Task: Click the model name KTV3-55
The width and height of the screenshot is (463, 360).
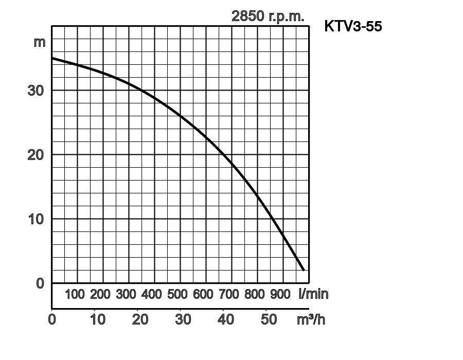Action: [353, 26]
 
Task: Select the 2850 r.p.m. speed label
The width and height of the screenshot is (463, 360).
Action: [268, 16]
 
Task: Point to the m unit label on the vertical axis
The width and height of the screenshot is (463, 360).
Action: [40, 42]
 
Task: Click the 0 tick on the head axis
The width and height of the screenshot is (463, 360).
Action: [40, 283]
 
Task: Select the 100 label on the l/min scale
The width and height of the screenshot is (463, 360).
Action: [75, 294]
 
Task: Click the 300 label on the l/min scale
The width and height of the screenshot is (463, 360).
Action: [126, 294]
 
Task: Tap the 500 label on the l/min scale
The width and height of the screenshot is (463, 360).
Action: [177, 294]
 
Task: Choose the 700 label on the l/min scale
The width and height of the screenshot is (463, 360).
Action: [229, 294]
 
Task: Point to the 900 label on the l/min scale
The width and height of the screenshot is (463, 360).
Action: [280, 294]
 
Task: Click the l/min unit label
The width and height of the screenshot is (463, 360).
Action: [313, 294]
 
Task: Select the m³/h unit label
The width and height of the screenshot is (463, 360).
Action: [311, 319]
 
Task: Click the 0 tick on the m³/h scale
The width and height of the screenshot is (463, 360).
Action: [52, 319]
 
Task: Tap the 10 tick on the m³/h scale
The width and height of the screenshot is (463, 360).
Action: [97, 319]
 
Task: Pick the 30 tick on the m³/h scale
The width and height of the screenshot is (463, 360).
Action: [183, 319]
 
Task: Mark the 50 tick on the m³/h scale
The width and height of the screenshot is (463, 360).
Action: [269, 319]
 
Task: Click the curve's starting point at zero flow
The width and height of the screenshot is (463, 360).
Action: [52, 58]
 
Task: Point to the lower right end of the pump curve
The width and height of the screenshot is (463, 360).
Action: [304, 269]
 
